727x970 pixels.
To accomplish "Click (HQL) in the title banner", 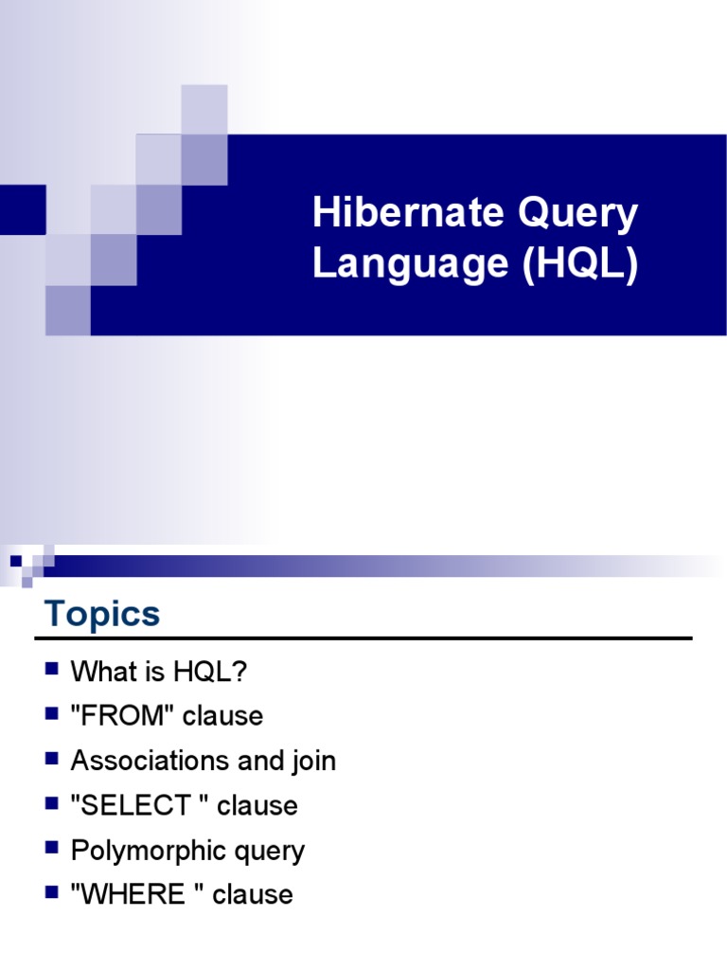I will tap(579, 265).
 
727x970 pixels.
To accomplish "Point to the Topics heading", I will tap(102, 614).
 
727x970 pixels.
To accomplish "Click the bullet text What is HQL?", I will tap(159, 672).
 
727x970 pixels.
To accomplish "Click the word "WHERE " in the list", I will tap(136, 894).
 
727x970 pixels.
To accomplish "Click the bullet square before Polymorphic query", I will tap(51, 849).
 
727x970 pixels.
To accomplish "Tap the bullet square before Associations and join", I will tap(51, 759).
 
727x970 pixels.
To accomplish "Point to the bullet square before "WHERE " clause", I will tap(51, 892).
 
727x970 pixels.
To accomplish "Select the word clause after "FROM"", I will tap(223, 716).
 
